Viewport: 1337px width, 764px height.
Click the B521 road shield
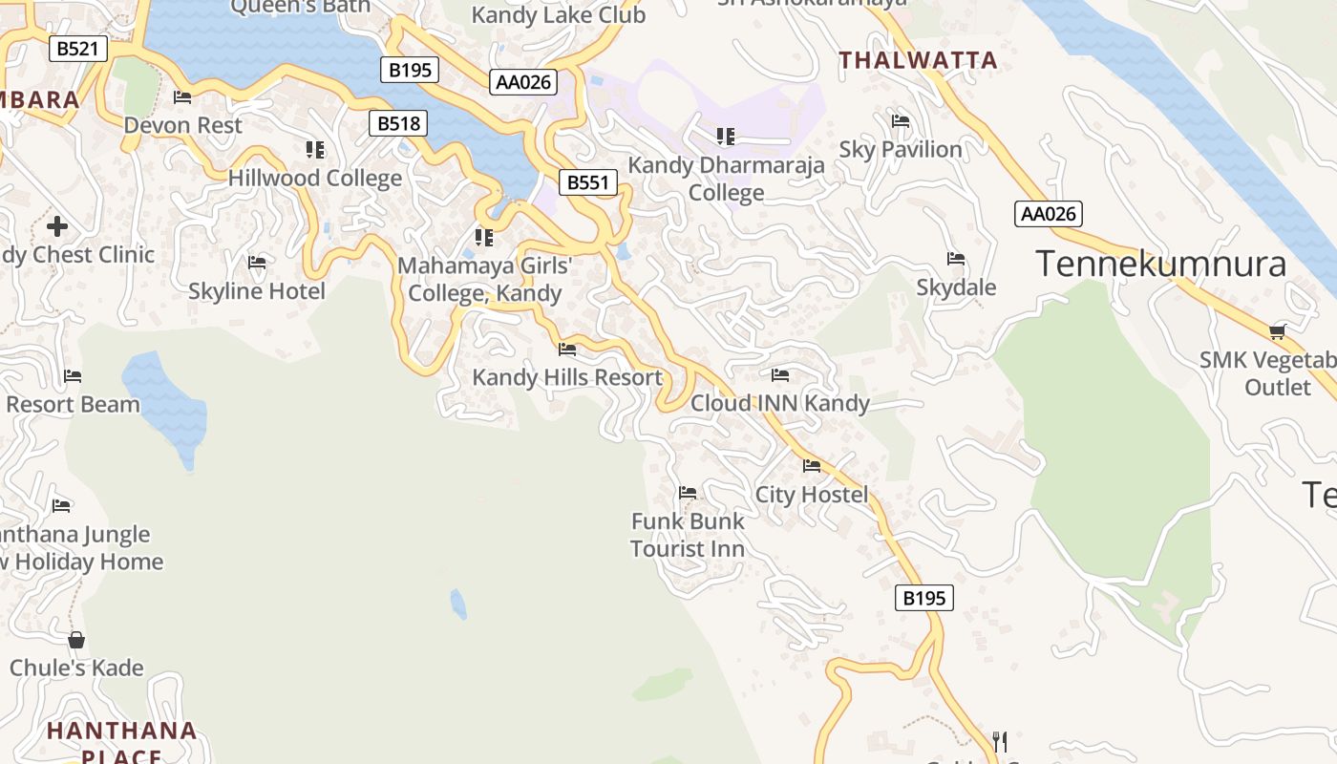pos(77,49)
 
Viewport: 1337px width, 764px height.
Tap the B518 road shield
pos(398,123)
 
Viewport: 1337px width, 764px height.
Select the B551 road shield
pos(588,182)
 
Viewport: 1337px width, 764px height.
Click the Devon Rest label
pos(183,125)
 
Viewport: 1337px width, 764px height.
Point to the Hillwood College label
pos(314,179)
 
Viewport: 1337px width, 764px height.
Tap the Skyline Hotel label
pos(257,291)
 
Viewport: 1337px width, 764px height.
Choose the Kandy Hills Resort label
pos(567,377)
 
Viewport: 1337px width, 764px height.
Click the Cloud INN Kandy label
pos(780,403)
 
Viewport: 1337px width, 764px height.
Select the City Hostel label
pos(812,495)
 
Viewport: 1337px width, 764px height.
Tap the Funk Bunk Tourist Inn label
pos(688,535)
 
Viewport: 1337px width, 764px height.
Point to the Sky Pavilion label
pos(901,150)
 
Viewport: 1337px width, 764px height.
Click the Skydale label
pos(956,287)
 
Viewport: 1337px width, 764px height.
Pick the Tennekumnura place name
pos(1161,264)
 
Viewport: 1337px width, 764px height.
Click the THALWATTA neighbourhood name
pos(918,61)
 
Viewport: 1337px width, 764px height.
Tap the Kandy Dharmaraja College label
pos(726,179)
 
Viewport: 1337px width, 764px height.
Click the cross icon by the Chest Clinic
pos(57,226)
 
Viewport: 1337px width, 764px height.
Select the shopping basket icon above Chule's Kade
pos(76,639)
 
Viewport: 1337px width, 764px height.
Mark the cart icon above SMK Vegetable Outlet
pos(1278,331)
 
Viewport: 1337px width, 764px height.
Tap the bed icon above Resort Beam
pos(73,376)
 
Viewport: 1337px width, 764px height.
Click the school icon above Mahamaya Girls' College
pos(484,237)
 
